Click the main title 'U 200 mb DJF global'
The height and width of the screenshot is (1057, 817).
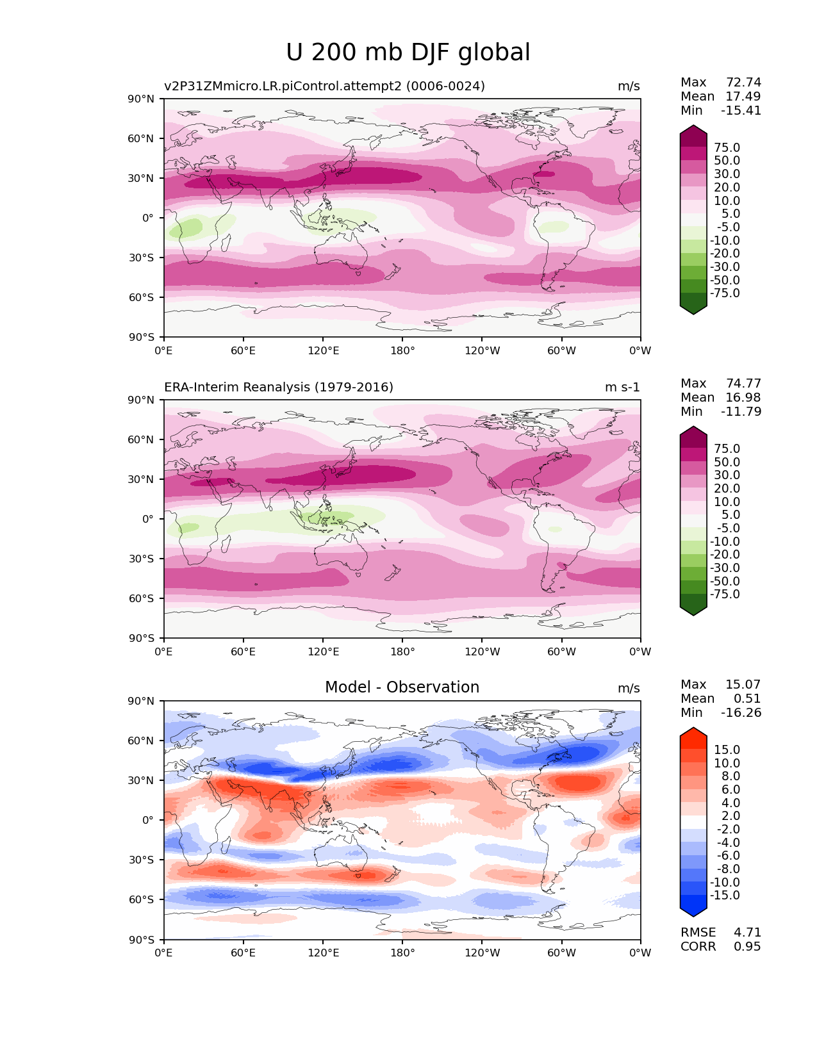click(408, 53)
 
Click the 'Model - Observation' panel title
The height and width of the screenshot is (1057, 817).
click(402, 687)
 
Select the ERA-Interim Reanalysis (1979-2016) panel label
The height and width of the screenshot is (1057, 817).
click(279, 387)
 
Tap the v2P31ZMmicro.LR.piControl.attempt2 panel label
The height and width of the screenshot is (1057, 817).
click(324, 86)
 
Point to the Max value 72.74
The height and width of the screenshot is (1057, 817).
click(743, 82)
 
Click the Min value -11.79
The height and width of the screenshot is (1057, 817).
click(741, 411)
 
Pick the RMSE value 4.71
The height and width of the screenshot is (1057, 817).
click(747, 932)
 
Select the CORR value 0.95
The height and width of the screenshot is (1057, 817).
click(747, 946)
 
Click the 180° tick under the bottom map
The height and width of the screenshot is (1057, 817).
click(402, 953)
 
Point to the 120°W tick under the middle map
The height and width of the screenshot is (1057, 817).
click(482, 651)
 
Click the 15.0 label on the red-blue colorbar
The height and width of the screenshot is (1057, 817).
click(727, 750)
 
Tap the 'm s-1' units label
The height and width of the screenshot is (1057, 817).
click(622, 387)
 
